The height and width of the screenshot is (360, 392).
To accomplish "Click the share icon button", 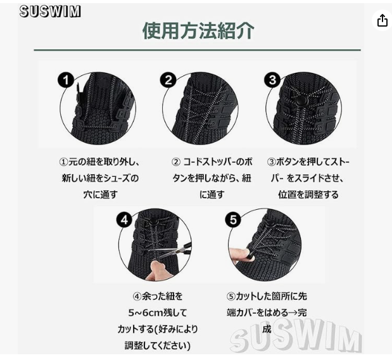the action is (x=382, y=20).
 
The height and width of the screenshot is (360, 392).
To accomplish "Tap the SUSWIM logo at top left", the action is (x=50, y=11).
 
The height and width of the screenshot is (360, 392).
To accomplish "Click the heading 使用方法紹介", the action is (x=198, y=31).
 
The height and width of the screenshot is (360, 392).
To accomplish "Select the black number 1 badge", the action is (x=66, y=80).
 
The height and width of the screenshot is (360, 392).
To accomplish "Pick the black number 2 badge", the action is (x=168, y=80).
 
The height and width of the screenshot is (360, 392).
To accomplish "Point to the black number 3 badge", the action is (x=272, y=80).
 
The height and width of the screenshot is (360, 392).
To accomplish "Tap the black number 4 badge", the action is (x=124, y=220).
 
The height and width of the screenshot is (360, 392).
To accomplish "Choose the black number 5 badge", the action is (x=233, y=220).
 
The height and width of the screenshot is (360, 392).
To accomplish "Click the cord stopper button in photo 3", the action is (x=300, y=102).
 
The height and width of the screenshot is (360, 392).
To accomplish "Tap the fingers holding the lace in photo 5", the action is (x=239, y=255).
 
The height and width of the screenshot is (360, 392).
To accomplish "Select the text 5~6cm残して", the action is (x=158, y=312).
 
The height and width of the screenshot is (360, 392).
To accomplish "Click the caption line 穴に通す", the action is (x=101, y=195).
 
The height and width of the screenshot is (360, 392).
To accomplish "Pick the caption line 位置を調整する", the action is (x=308, y=195).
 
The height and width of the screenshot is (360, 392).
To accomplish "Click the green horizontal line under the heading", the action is (x=197, y=50).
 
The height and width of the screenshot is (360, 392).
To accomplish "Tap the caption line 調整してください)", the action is (x=158, y=346).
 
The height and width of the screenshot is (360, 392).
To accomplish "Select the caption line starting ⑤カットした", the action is (x=267, y=297).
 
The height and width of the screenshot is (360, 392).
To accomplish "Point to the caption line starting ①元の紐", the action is (x=99, y=162).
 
